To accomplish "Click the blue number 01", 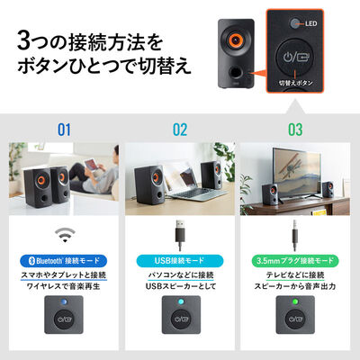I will pyautogui.click(x=62, y=129).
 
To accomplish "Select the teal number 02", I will pyautogui.click(x=180, y=129).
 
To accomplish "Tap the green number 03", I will pyautogui.click(x=296, y=129).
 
